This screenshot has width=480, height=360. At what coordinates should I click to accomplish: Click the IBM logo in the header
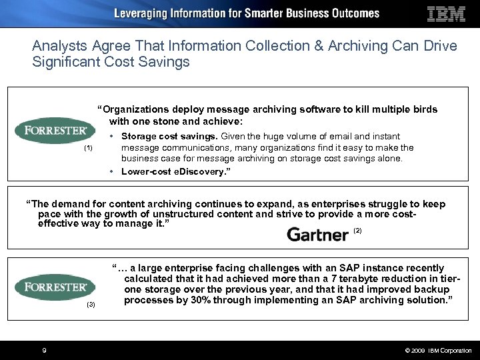pos(445,14)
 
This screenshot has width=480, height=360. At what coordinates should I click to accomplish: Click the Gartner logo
pos(317,234)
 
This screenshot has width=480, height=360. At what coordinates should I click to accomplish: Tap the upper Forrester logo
pos(55,129)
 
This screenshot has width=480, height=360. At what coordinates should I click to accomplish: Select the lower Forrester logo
pos(55,287)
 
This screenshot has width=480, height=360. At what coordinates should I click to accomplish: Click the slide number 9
pos(44,350)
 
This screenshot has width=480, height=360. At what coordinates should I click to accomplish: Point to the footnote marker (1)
pos(88,148)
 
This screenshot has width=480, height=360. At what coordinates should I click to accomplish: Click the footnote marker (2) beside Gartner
pos(357,231)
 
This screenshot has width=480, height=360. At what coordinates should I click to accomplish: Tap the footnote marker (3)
pos(92,305)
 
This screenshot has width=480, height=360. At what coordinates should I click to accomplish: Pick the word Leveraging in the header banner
pos(143,13)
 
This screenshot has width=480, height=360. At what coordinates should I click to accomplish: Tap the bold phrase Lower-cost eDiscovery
pos(175,172)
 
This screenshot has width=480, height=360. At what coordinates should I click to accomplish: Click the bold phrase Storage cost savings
pos(169,137)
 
